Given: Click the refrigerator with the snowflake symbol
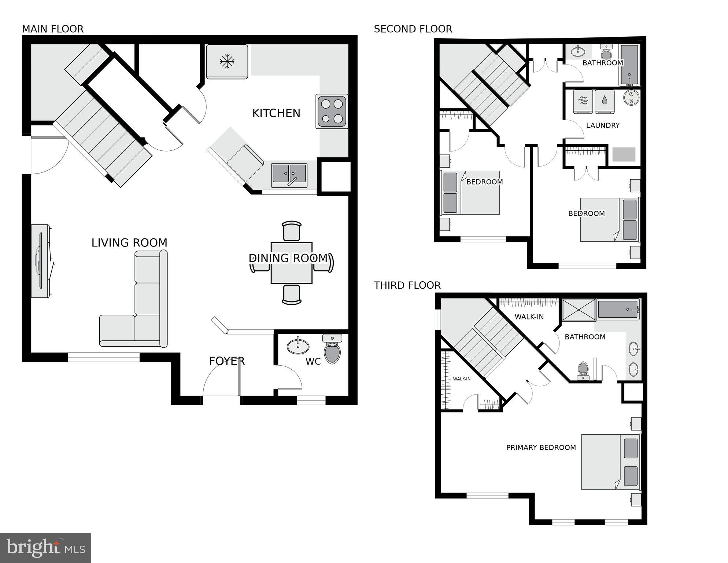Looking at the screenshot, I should [x=227, y=62].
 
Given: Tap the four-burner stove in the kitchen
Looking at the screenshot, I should [x=332, y=111].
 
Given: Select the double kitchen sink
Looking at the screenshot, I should [x=289, y=175].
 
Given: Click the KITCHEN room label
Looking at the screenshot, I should [x=276, y=113].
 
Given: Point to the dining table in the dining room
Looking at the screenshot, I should [x=291, y=263].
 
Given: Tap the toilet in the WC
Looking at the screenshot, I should [x=332, y=350].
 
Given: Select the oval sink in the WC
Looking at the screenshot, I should [x=298, y=346].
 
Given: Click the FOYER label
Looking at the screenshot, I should [x=226, y=361].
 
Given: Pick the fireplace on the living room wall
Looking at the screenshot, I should [x=40, y=261].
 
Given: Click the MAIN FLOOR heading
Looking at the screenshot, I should [x=53, y=29].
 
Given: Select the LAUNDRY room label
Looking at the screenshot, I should [x=603, y=125].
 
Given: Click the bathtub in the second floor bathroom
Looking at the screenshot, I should [x=629, y=65].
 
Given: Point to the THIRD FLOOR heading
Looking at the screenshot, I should [x=407, y=285].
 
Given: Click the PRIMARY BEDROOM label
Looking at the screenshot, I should [x=541, y=447].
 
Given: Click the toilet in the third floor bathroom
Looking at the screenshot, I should [x=583, y=370].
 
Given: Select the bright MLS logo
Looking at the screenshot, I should [x=45, y=548].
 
